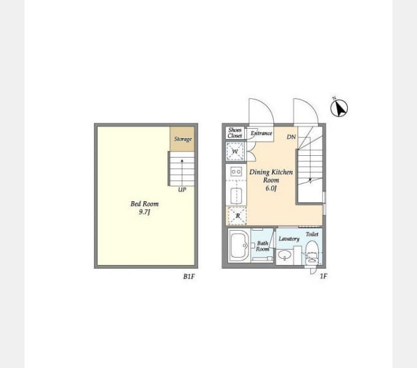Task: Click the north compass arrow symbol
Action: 339,108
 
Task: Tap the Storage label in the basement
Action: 183,139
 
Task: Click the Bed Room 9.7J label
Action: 144,208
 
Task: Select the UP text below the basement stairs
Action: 182,190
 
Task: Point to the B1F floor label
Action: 189,277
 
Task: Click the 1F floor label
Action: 323,276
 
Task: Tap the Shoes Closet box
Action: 235,133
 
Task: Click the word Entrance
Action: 261,133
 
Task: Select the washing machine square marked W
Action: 235,151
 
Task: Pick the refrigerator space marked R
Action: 237,216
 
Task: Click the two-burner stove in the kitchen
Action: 236,172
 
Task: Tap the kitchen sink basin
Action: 236,196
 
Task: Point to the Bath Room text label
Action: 262,246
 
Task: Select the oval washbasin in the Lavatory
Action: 285,256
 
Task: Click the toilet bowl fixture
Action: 312,253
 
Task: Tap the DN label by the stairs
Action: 291,137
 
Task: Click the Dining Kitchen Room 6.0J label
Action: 271,180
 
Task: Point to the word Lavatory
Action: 289,239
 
